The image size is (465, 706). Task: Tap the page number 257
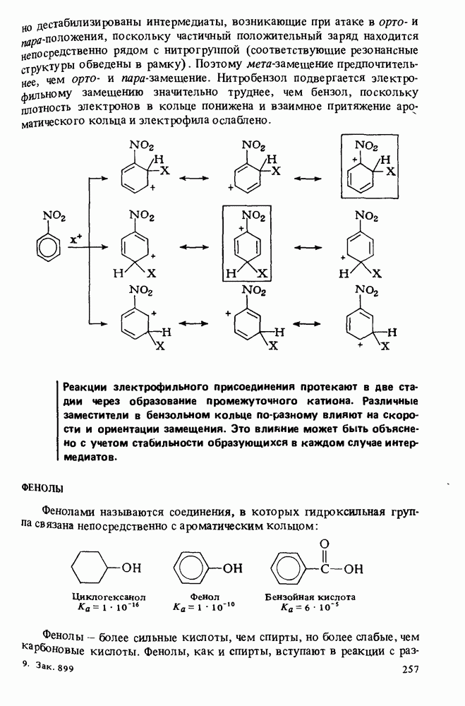[x=411, y=669]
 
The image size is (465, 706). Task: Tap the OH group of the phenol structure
[x=233, y=567]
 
